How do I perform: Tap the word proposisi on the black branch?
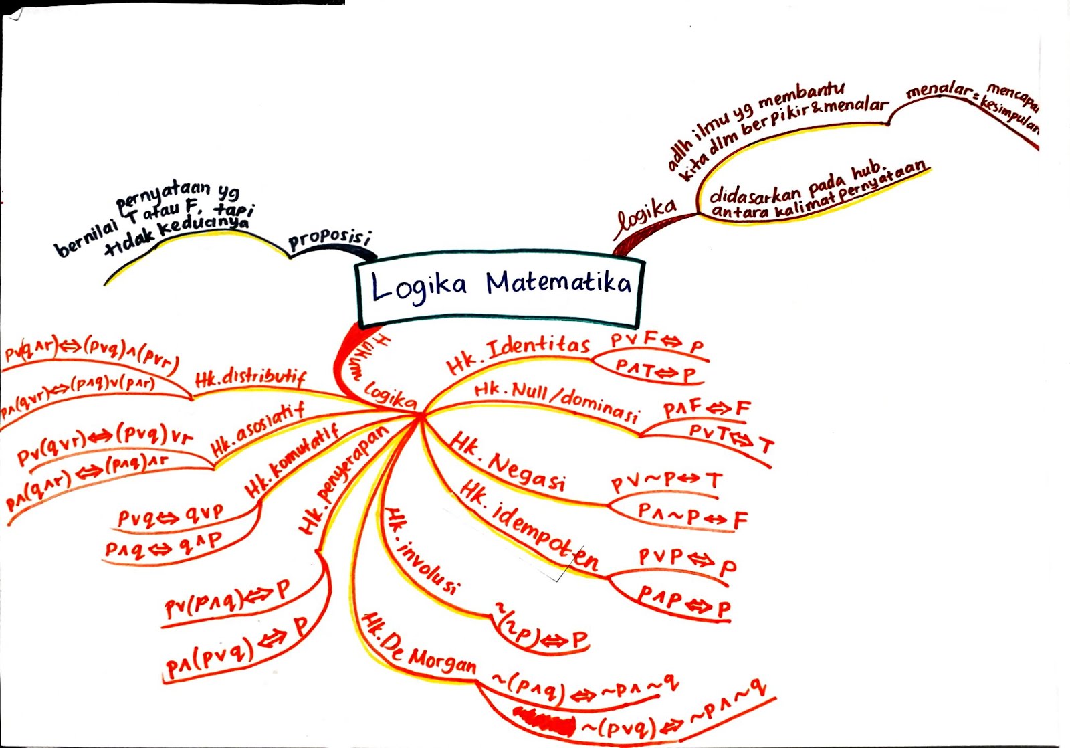pyautogui.click(x=329, y=239)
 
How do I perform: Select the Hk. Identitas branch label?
pyautogui.click(x=518, y=355)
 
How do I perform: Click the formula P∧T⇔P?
pyautogui.click(x=655, y=370)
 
